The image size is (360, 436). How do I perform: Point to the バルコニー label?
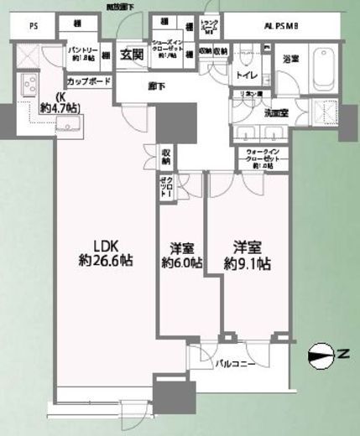pyautogui.click(x=235, y=364)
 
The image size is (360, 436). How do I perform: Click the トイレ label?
pyautogui.click(x=247, y=75)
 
